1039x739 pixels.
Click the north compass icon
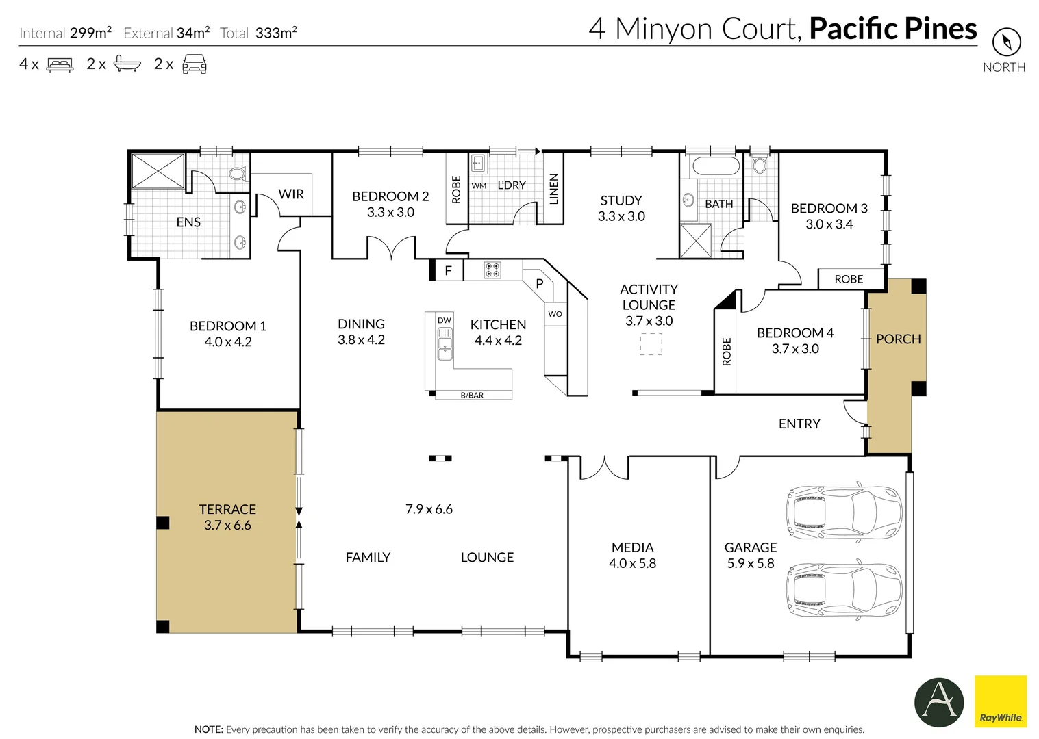pyautogui.click(x=1007, y=42)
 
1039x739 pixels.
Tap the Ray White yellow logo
pyautogui.click(x=1001, y=701)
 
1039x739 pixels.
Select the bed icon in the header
pyautogui.click(x=60, y=64)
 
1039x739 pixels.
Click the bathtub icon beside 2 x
pyautogui.click(x=127, y=64)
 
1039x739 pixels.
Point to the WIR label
pyautogui.click(x=291, y=194)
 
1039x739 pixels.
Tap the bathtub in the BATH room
pyautogui.click(x=714, y=166)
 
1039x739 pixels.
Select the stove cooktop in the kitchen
pyautogui.click(x=492, y=270)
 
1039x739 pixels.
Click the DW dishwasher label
pyautogui.click(x=444, y=320)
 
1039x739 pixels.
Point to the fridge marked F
pyautogui.click(x=448, y=270)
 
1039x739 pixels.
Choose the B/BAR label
pyautogui.click(x=472, y=396)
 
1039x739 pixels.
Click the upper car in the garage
pyautogui.click(x=844, y=512)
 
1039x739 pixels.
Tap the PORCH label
pyautogui.click(x=898, y=339)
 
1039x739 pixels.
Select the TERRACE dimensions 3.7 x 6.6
pyautogui.click(x=227, y=525)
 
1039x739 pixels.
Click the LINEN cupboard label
pyautogui.click(x=553, y=189)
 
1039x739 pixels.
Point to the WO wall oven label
pyautogui.click(x=555, y=313)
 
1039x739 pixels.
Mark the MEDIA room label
pyautogui.click(x=632, y=547)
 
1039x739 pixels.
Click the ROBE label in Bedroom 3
pyautogui.click(x=849, y=279)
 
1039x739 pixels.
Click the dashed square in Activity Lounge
pyautogui.click(x=651, y=344)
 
